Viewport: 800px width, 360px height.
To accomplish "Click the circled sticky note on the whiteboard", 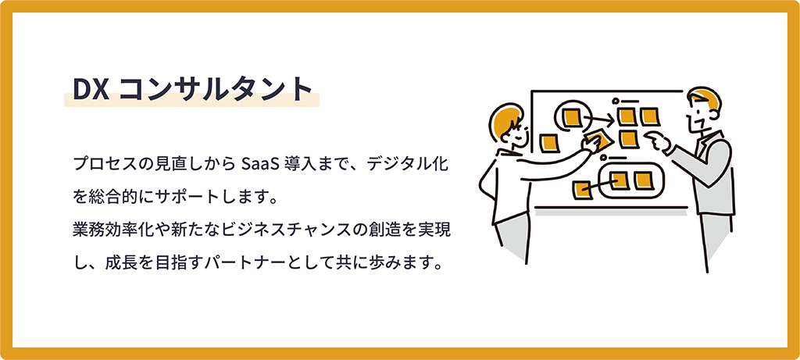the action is click(570, 117).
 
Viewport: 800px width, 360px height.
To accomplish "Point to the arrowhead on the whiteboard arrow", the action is click(610, 120).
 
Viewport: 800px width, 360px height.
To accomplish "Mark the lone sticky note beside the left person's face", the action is click(549, 142).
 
